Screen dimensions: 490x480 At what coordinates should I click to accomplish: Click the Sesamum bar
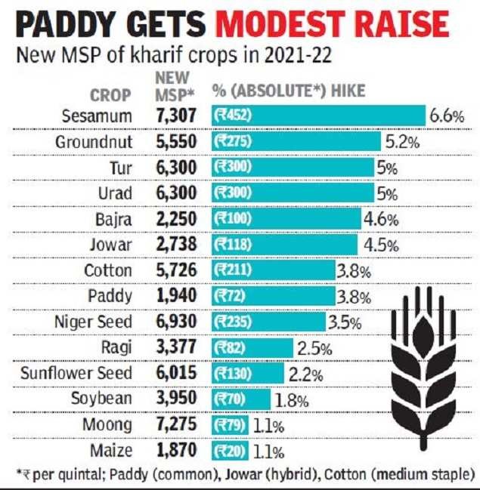tap(317, 116)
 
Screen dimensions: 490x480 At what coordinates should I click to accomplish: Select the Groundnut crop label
tap(94, 141)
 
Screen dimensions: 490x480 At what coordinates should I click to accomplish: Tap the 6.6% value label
tap(446, 117)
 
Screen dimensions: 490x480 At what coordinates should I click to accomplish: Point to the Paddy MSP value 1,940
tap(177, 297)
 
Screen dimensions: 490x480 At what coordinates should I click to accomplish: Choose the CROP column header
tap(110, 95)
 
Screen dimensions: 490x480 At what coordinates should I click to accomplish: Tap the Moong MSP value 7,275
tap(177, 426)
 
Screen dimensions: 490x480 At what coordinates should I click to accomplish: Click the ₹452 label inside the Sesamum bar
tap(231, 116)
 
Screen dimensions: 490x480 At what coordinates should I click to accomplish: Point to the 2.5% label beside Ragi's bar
tap(314, 348)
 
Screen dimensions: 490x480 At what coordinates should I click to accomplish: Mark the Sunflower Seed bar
tap(248, 374)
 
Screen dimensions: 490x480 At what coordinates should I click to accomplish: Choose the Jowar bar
tap(284, 245)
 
